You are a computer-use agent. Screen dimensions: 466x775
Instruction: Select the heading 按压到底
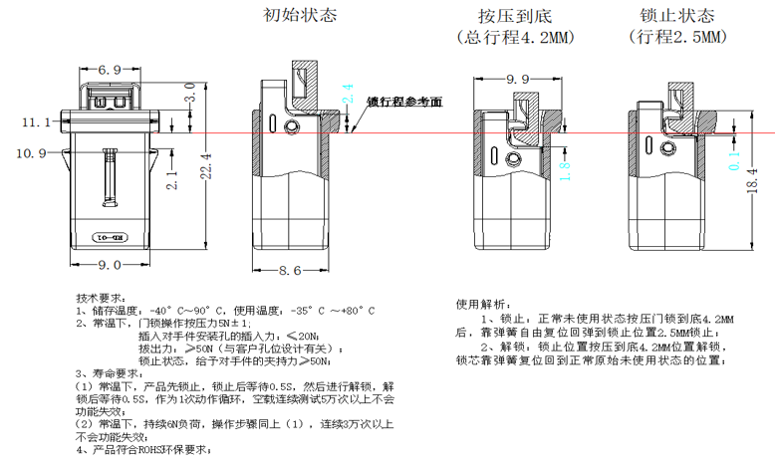[x=514, y=17]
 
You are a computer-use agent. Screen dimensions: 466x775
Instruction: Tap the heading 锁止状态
[x=677, y=16]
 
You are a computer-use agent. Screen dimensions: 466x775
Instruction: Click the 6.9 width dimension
[x=110, y=69]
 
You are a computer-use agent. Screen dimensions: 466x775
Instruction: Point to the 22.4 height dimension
[x=206, y=164]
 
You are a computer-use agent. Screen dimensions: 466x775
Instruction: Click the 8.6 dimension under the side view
[x=289, y=270]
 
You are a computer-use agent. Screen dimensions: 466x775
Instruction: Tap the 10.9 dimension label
[x=30, y=152]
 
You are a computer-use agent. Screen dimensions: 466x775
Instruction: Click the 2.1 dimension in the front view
[x=170, y=180]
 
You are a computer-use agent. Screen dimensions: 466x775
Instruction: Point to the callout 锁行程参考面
[x=403, y=102]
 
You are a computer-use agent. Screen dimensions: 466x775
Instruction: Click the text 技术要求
[x=98, y=298]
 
